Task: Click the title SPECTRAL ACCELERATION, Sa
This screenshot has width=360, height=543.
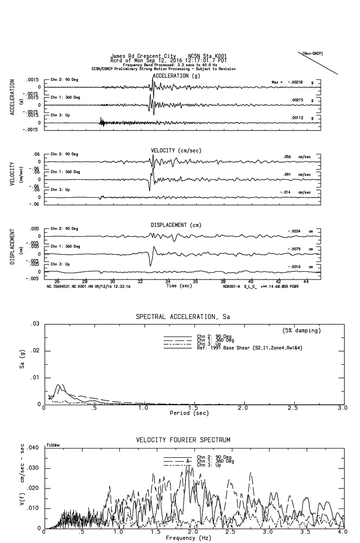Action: [x=183, y=317]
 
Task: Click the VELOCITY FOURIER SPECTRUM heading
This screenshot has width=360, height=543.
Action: [x=183, y=440]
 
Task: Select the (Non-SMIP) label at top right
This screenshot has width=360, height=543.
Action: [x=312, y=53]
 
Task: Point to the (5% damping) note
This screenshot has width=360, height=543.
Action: [x=302, y=331]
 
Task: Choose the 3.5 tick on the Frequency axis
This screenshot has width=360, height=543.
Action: [x=306, y=533]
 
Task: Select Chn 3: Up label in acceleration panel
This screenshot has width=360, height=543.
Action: [x=61, y=115]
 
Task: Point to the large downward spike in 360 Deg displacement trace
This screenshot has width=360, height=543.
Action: [x=151, y=263]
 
